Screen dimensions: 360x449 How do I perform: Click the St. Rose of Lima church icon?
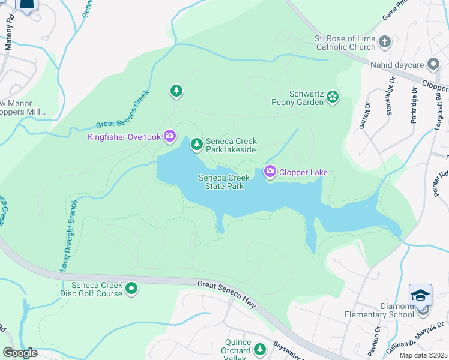point(385,43)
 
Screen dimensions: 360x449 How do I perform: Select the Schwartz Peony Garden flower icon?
point(333,97)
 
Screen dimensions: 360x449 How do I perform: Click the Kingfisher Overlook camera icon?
point(170,137)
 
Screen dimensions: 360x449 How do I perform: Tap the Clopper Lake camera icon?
point(270,172)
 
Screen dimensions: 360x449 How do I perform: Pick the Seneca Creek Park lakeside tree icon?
point(196,145)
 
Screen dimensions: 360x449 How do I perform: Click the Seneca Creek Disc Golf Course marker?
point(131,289)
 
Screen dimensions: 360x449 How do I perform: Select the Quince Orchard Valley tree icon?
point(260,349)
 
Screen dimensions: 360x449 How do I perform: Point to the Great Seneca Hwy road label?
point(228,293)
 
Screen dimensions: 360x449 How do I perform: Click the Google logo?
point(20,353)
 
